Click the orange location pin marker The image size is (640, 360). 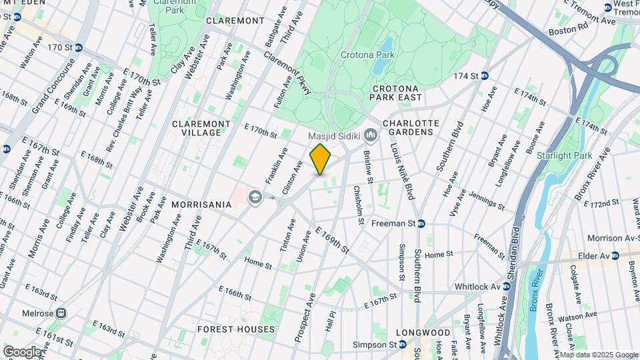tap(321, 159)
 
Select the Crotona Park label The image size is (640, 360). tap(367, 55)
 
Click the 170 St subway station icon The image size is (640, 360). tap(78, 47)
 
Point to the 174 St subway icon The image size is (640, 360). tap(485, 76)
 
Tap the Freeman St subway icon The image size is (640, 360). tap(421, 224)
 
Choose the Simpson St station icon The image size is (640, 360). tap(403, 345)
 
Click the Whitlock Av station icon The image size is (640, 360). tap(506, 286)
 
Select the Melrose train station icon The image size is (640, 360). tap(61, 313)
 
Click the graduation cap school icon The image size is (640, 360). tap(253, 197)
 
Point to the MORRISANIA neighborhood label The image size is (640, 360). tap(201, 203)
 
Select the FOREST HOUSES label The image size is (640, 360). tap(235, 329)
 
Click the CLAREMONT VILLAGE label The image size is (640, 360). tap(201, 128)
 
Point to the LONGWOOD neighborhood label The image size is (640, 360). tap(423, 332)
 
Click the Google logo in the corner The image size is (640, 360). tap(23, 351)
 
